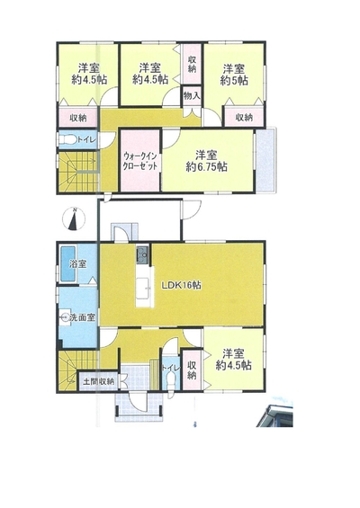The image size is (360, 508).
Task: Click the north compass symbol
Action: pos(73,219)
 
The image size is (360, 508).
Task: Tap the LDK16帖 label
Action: pos(181,285)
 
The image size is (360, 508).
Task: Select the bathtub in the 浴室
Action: pos(67,263)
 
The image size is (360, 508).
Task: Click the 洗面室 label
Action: pos(83,317)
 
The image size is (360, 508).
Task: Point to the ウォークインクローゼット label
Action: pos(140,161)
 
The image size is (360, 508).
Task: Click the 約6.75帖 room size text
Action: pos(206,167)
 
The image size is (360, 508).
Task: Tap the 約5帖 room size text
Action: pos(234,80)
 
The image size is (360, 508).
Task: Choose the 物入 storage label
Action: pos(192,95)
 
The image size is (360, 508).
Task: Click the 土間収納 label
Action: pos(99,381)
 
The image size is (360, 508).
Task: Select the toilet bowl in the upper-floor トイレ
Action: pos(67,139)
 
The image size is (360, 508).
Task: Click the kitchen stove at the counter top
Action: pos(143,253)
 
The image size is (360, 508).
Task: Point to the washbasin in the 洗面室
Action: pos(65,317)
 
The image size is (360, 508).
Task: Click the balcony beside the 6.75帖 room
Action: pos(265,160)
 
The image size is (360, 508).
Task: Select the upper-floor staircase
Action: pos(77,172)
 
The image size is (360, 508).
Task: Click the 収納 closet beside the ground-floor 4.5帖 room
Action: pos(192,370)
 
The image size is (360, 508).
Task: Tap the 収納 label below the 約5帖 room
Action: pos(244,117)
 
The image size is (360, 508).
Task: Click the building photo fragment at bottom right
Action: pos(275,414)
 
